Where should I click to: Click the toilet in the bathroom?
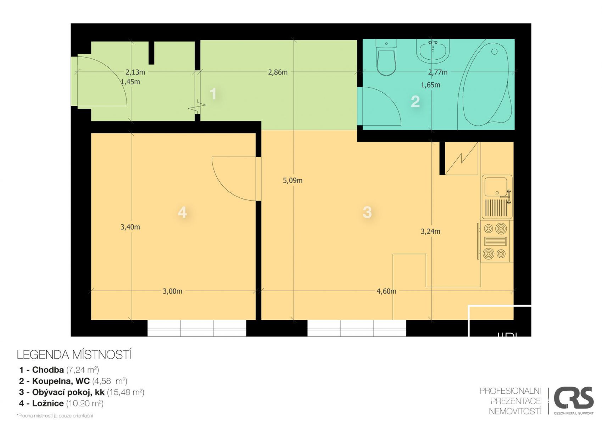tap(386, 57)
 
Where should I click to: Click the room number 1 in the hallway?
tap(213, 94)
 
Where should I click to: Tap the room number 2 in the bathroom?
tap(415, 102)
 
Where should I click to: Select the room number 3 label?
tap(367, 212)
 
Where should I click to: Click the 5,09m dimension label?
tap(292, 180)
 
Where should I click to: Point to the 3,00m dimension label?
tap(172, 291)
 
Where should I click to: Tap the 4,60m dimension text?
tap(386, 291)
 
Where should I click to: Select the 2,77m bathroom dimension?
tap(437, 72)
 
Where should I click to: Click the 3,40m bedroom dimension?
tap(130, 227)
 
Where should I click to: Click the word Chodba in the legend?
tap(48, 370)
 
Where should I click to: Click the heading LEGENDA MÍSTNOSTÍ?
tap(74, 355)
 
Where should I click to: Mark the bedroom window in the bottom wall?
tap(197, 328)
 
